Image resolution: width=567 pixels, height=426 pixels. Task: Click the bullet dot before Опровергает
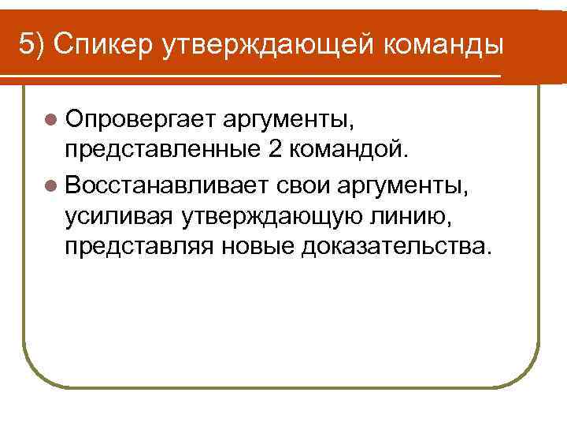[50, 120]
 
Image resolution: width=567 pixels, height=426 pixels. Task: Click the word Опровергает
[139, 120]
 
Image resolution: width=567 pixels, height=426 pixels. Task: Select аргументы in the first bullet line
[293, 120]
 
